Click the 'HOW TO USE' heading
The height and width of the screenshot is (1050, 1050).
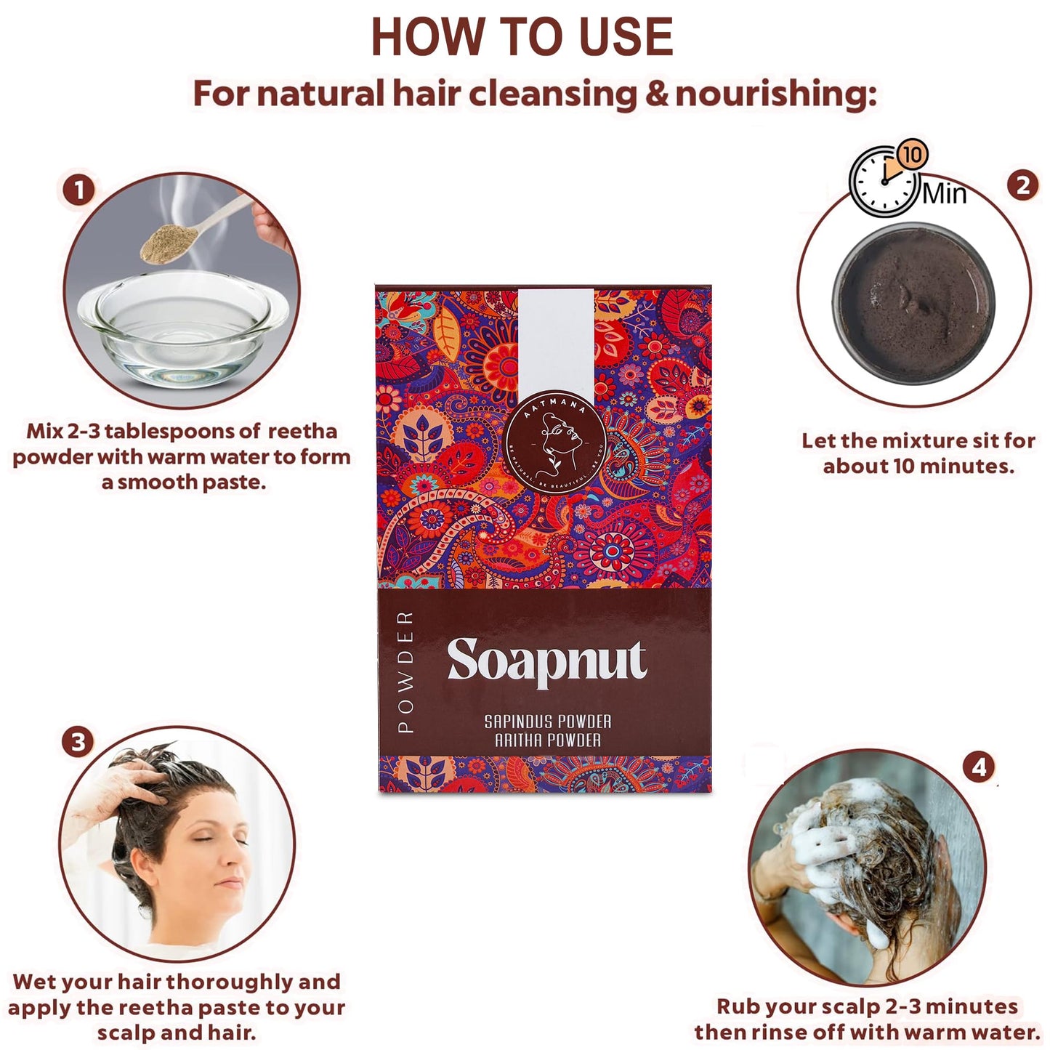522,37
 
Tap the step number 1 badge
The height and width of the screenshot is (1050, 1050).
78,190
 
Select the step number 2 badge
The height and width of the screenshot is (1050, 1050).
1022,185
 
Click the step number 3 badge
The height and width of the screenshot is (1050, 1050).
78,742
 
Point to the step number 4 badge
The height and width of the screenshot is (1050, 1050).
979,767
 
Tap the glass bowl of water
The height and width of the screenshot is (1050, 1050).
182,331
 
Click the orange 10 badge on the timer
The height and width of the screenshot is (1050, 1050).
912,154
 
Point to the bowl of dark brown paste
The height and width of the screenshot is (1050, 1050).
913,303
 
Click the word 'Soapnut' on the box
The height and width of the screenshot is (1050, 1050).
546,661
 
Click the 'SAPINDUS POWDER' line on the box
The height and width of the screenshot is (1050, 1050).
548,722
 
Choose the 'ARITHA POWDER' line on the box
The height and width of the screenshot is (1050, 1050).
548,740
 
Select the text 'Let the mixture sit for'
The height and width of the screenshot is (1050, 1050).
918,440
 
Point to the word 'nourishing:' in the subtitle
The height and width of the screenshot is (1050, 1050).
775,94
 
